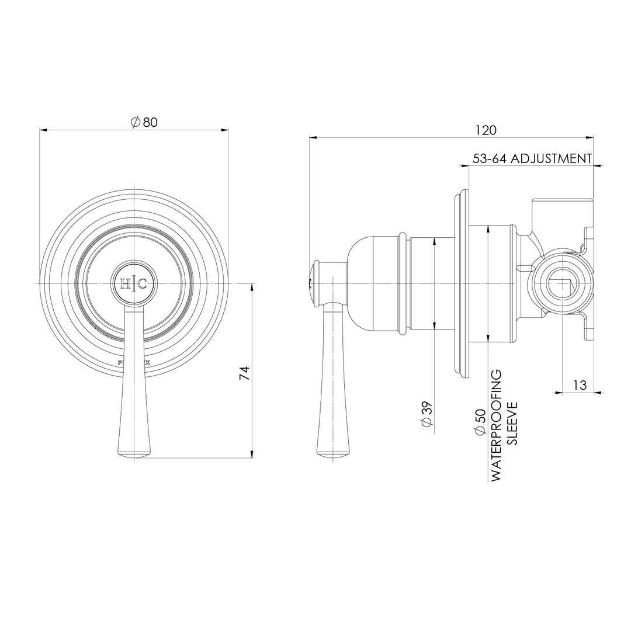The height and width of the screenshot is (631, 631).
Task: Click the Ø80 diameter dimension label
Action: [x=144, y=122]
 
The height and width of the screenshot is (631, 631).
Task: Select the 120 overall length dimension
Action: [x=486, y=130]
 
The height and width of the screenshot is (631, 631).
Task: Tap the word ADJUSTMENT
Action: [x=552, y=158]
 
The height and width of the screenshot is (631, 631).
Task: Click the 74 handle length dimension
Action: [x=245, y=373]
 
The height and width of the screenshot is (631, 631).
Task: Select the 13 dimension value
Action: [x=580, y=385]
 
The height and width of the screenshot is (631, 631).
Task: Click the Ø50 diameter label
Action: [x=480, y=422]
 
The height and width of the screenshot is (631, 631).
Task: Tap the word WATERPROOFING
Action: [x=497, y=425]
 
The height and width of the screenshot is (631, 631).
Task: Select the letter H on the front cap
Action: [x=126, y=285]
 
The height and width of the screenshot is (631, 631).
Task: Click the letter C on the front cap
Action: [x=143, y=285]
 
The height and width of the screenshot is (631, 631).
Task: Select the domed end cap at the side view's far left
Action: [x=314, y=283]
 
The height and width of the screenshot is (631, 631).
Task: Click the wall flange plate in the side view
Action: [x=461, y=283]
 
